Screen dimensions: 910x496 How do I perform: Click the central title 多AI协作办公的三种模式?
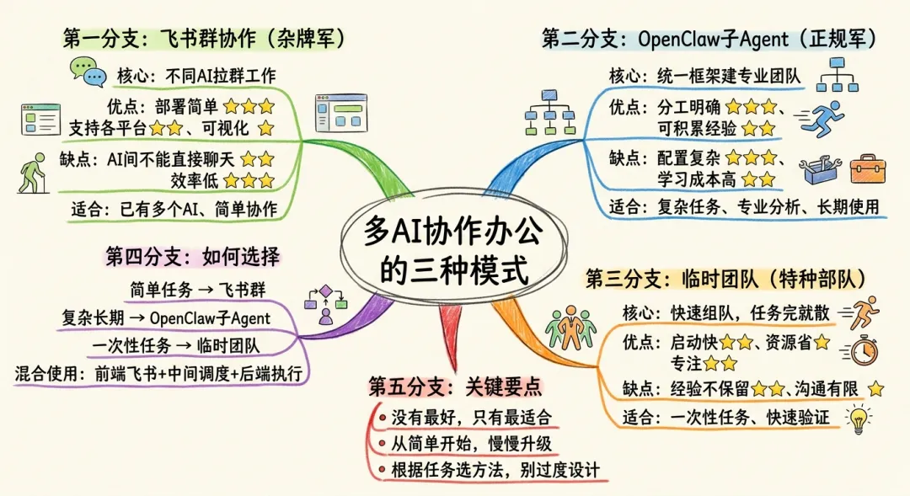[x=456, y=250]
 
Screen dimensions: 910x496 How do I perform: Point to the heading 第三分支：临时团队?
[x=725, y=279]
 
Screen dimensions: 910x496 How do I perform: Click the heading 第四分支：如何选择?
[x=192, y=256]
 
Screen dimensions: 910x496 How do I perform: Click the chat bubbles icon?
[x=88, y=72]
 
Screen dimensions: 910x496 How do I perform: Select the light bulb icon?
[x=859, y=418]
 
